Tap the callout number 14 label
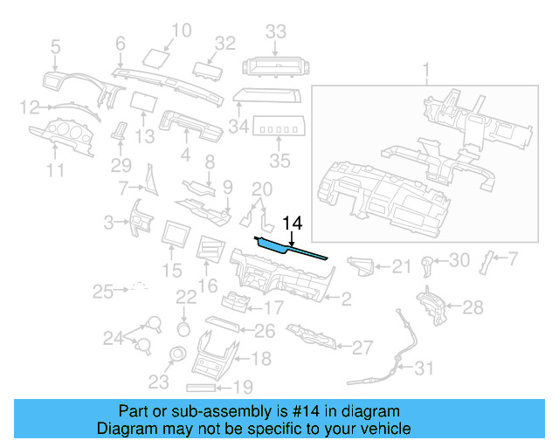(292, 224)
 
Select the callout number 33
(276, 32)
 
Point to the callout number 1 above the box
(426, 69)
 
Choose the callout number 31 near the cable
(423, 368)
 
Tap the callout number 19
(242, 387)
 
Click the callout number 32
(225, 43)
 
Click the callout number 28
(472, 306)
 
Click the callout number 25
(104, 290)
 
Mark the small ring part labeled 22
(184, 328)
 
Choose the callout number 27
(362, 347)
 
